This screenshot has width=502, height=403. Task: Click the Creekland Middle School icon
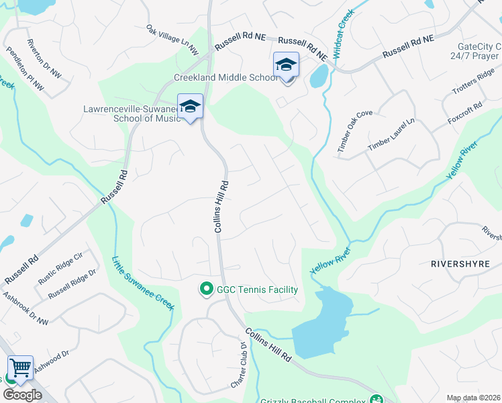[286, 66]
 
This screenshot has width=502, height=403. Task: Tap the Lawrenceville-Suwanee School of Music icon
[190, 105]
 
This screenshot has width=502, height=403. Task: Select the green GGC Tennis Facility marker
[207, 289]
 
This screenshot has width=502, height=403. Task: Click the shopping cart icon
[20, 367]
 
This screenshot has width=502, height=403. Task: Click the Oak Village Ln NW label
[172, 39]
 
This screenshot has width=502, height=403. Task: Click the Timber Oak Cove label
[354, 132]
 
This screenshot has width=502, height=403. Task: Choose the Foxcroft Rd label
[464, 115]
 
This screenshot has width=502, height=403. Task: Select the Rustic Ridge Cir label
[60, 266]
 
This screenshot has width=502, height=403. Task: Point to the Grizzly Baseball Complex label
[315, 399]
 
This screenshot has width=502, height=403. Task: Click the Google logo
[22, 395]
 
